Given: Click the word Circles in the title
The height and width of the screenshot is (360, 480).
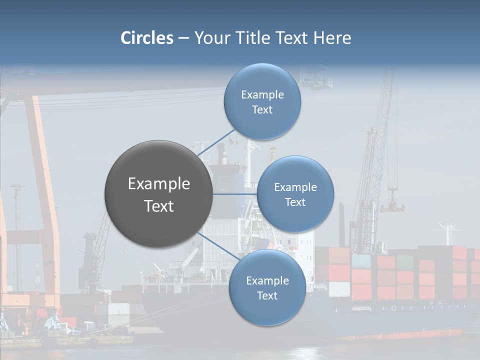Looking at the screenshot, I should tap(146, 38).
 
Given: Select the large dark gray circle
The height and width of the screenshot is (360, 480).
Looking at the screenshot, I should tap(158, 194).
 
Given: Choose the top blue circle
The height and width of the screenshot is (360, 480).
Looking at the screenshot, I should tap(262, 101).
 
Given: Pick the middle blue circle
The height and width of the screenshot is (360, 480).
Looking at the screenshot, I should tap(295, 194).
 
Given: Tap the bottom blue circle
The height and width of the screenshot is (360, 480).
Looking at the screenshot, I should tap(267, 287).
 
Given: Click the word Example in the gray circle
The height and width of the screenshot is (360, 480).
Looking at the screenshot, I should tap(159, 184).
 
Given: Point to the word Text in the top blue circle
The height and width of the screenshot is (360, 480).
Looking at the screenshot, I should tap(262, 110).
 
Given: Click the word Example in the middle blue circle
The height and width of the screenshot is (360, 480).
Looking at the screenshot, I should tap(295, 187).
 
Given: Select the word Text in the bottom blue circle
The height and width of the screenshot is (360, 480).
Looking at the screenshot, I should tap(267, 296).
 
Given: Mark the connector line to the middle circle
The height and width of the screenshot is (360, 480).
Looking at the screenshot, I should tap(235, 194).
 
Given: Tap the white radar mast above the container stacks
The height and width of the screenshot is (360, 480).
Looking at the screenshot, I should tap(447, 232).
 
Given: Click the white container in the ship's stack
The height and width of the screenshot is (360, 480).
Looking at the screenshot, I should tap(339, 289).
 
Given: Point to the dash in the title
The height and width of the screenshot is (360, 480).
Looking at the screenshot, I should tap(183, 38).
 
